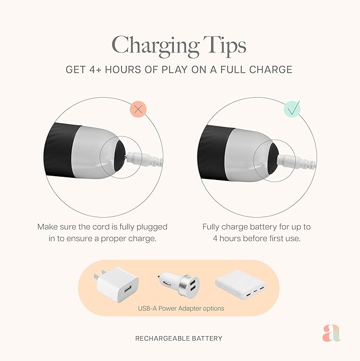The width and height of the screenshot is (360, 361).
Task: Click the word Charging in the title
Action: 155,46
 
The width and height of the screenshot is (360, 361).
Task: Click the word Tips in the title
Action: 225,46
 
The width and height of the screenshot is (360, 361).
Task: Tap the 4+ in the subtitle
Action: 95,70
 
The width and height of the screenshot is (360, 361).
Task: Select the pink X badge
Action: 138,109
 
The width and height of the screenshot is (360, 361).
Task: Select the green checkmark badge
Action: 292,109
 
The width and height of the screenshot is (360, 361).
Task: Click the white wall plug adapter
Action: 116,285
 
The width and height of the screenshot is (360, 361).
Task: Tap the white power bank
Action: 241,284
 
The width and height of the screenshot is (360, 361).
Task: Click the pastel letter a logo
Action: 331,333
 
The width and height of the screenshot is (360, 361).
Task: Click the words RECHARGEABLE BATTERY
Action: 179,338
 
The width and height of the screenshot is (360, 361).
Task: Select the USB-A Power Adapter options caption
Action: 181,308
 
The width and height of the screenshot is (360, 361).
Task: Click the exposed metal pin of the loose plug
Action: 126,157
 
